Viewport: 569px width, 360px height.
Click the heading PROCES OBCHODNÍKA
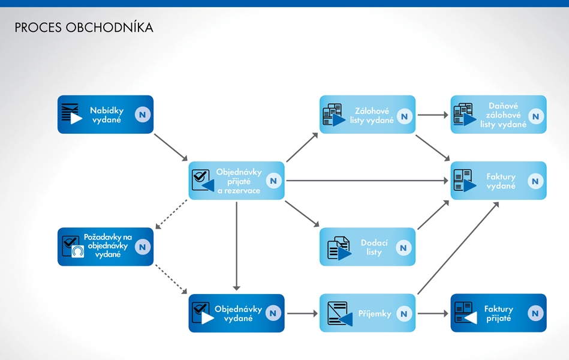pyautogui.click(x=83, y=28)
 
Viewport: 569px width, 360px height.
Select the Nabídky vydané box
pyautogui.click(x=106, y=115)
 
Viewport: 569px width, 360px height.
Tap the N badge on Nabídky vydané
pyautogui.click(x=143, y=115)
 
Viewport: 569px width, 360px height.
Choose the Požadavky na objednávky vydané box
pyautogui.click(x=106, y=247)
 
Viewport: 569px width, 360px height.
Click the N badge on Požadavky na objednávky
pyautogui.click(x=142, y=247)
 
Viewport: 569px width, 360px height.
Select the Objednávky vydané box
pyautogui.click(x=237, y=313)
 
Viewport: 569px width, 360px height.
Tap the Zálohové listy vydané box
pyautogui.click(x=368, y=115)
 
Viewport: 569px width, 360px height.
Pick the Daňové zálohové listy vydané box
pyautogui.click(x=498, y=115)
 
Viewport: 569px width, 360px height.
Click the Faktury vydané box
pyautogui.click(x=498, y=181)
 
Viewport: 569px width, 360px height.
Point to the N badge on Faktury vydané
pyautogui.click(x=535, y=181)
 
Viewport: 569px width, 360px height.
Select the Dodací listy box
pyautogui.click(x=368, y=247)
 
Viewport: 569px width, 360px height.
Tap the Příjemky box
pyautogui.click(x=368, y=313)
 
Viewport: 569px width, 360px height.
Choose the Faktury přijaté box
pyautogui.click(x=498, y=313)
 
